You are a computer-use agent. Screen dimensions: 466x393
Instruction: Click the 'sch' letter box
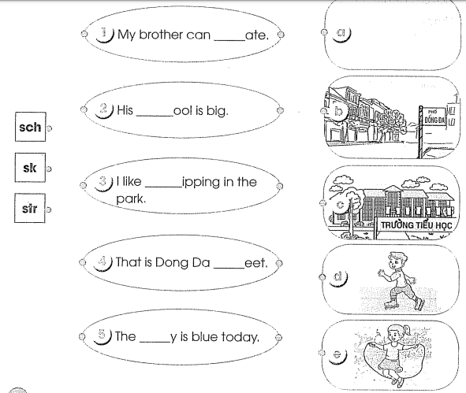tap(30, 127)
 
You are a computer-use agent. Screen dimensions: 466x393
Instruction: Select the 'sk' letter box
tap(30, 168)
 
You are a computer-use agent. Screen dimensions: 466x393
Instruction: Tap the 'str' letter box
tap(30, 208)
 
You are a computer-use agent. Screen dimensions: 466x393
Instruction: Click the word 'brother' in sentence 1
tap(161, 35)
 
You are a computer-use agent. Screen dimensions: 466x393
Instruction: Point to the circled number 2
tap(104, 109)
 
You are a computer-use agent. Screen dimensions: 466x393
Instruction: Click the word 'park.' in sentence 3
tap(131, 199)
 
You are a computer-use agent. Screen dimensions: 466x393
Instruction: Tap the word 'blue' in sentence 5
tap(205, 336)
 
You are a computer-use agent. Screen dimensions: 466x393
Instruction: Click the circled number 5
tap(103, 336)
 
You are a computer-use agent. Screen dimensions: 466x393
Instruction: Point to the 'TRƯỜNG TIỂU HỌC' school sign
tap(416, 225)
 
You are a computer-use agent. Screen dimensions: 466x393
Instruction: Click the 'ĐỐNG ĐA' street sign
tap(434, 117)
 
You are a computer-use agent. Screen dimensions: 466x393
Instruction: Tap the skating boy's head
tap(396, 261)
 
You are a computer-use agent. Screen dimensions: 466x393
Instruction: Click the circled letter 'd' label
tap(338, 277)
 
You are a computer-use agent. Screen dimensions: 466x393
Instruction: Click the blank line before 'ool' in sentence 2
tap(155, 115)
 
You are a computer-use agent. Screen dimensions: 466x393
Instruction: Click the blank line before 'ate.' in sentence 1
tap(229, 40)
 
